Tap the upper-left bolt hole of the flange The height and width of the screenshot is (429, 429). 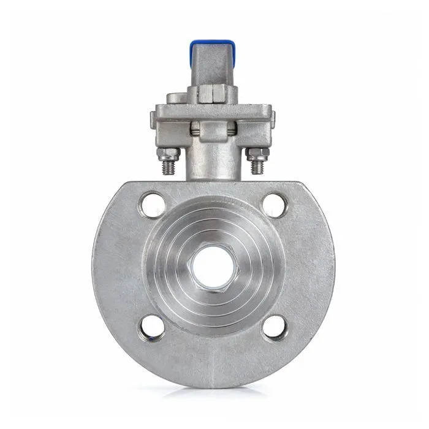(153, 205)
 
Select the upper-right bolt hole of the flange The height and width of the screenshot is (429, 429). (275, 205)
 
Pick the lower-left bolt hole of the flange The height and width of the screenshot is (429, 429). (152, 327)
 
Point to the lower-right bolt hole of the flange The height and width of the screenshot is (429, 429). (275, 327)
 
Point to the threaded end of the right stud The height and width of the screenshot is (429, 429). (259, 167)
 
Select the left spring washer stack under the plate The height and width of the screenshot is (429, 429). (195, 129)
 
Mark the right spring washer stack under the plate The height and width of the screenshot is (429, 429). (232, 129)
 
